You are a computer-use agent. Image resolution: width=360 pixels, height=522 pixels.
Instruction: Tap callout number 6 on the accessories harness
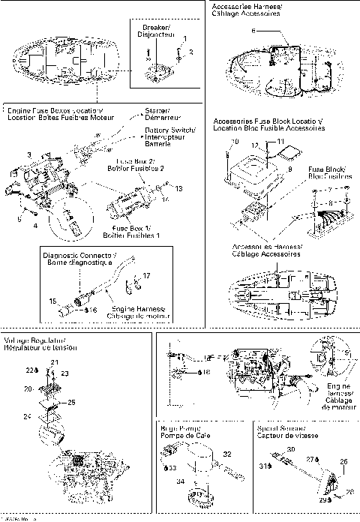click(x=253, y=30)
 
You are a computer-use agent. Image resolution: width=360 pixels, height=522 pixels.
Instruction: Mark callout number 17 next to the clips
click(x=147, y=276)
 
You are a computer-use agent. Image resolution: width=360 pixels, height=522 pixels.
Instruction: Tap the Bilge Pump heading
click(x=179, y=430)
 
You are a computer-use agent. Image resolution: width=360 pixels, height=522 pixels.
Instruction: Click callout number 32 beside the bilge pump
click(x=227, y=454)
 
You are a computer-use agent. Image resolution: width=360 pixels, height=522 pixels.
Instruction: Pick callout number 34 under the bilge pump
click(x=179, y=481)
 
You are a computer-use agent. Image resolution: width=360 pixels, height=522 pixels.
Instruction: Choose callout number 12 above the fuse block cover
click(x=254, y=145)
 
